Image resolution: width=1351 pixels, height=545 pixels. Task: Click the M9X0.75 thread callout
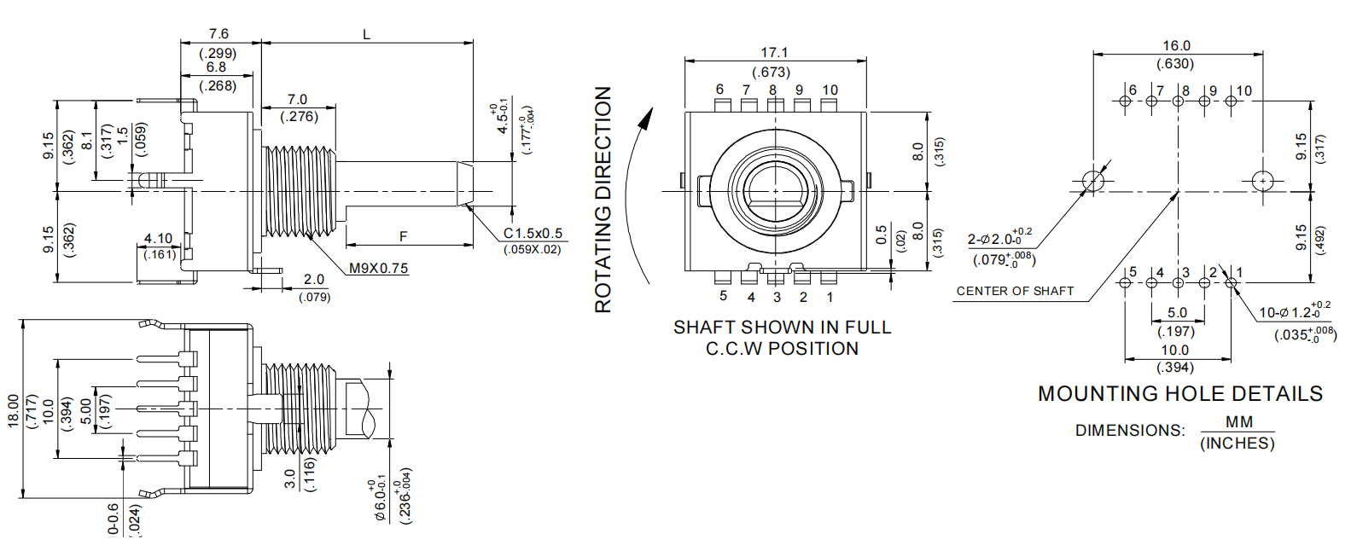click(x=378, y=268)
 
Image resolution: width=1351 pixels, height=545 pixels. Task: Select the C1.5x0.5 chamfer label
click(x=533, y=233)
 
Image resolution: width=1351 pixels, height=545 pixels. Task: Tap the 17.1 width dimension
click(x=774, y=53)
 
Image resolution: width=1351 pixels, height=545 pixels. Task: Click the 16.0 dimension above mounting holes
click(x=1176, y=46)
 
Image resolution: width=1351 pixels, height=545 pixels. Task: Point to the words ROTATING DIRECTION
click(x=603, y=200)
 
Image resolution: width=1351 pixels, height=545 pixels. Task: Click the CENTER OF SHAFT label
click(x=1015, y=291)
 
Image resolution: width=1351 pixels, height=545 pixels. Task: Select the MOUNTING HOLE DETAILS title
click(x=1180, y=393)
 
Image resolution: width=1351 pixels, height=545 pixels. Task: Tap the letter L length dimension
click(x=367, y=35)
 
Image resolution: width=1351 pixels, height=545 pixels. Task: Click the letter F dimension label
click(x=404, y=236)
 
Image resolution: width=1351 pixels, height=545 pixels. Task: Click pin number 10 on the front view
click(x=830, y=90)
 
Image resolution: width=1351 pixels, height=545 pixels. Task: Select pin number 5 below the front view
click(x=723, y=296)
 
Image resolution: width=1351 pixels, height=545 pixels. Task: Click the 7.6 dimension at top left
click(x=218, y=34)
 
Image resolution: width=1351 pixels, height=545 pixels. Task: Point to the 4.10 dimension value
click(x=158, y=239)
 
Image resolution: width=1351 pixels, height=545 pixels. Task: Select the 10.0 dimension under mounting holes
click(x=1174, y=350)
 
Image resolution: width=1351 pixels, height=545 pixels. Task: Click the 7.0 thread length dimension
click(x=297, y=100)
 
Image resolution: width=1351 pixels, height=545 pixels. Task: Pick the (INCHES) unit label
click(x=1237, y=444)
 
